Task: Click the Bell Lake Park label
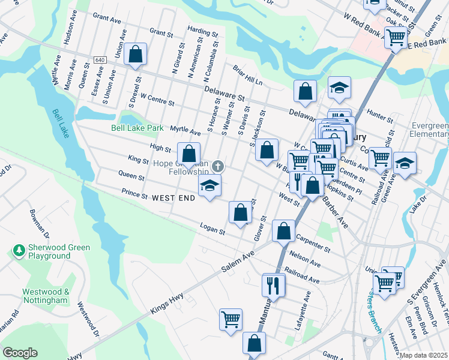tap(137, 128)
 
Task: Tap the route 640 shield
tap(100, 60)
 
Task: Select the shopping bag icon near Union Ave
tap(136, 54)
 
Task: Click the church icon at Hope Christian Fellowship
tap(217, 166)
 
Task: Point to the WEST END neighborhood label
tap(173, 197)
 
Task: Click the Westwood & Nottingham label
tap(46, 295)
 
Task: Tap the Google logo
tap(20, 352)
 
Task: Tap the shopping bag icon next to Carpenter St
tap(283, 230)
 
